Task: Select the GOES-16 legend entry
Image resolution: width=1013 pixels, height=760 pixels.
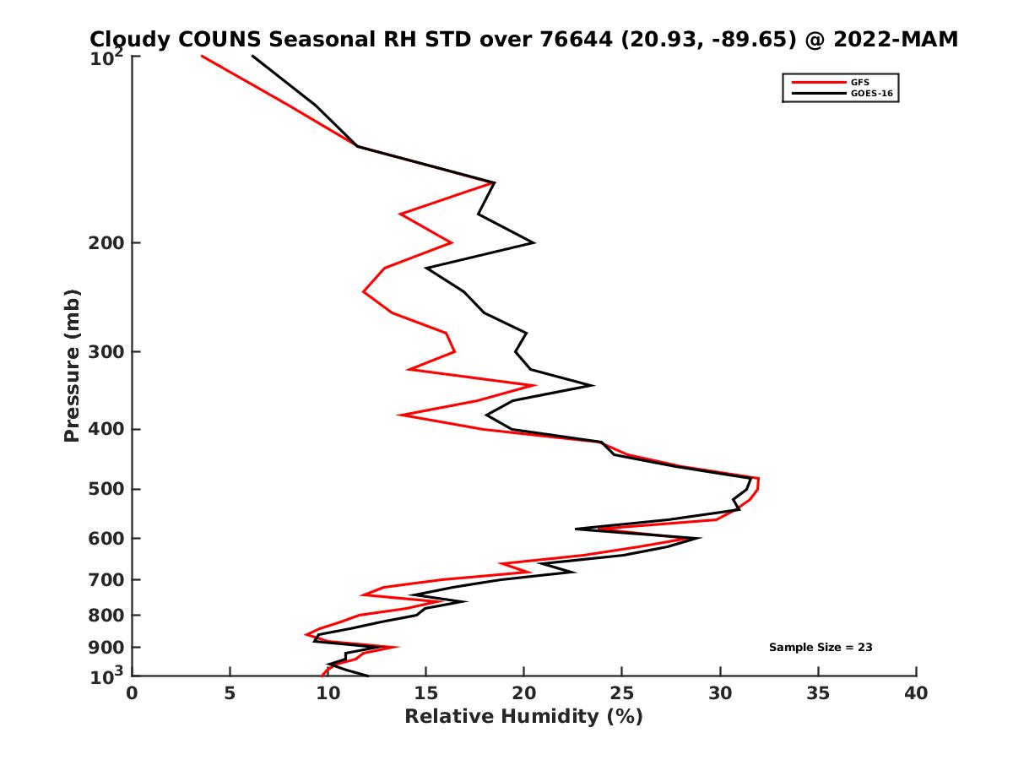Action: pyautogui.click(x=871, y=94)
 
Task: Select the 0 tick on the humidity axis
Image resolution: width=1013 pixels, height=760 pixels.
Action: pyautogui.click(x=133, y=693)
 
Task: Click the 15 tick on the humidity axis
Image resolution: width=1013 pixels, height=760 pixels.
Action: pyautogui.click(x=425, y=693)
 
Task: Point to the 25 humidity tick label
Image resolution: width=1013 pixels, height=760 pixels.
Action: pyautogui.click(x=622, y=693)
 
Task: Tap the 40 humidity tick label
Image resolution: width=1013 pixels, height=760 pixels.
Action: pyautogui.click(x=916, y=693)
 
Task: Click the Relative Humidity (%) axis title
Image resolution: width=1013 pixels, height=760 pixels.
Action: pyautogui.click(x=523, y=717)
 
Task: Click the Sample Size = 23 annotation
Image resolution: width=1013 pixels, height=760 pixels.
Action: pyautogui.click(x=820, y=648)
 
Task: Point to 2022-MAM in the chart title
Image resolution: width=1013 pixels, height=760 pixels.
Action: pyautogui.click(x=895, y=40)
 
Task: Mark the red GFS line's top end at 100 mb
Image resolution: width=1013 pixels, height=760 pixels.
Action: pyautogui.click(x=202, y=56)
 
